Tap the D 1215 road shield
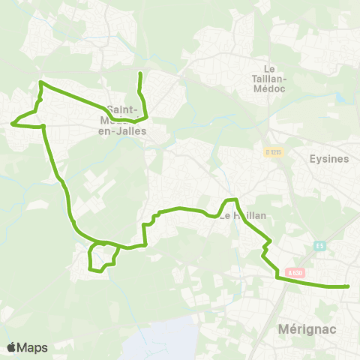(273, 151)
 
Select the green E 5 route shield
(319, 246)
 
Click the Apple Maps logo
(27, 347)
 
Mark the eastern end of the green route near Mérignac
(349, 286)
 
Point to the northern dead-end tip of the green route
(140, 73)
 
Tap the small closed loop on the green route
(103, 256)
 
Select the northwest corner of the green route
(40, 82)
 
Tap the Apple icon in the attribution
(11, 346)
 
